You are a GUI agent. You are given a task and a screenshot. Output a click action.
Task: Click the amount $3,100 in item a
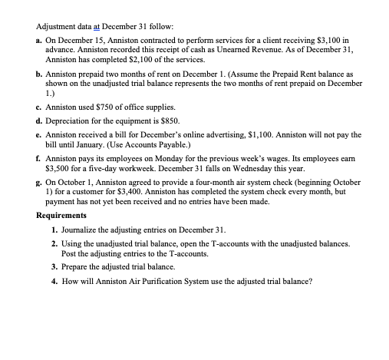[x=334, y=36]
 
